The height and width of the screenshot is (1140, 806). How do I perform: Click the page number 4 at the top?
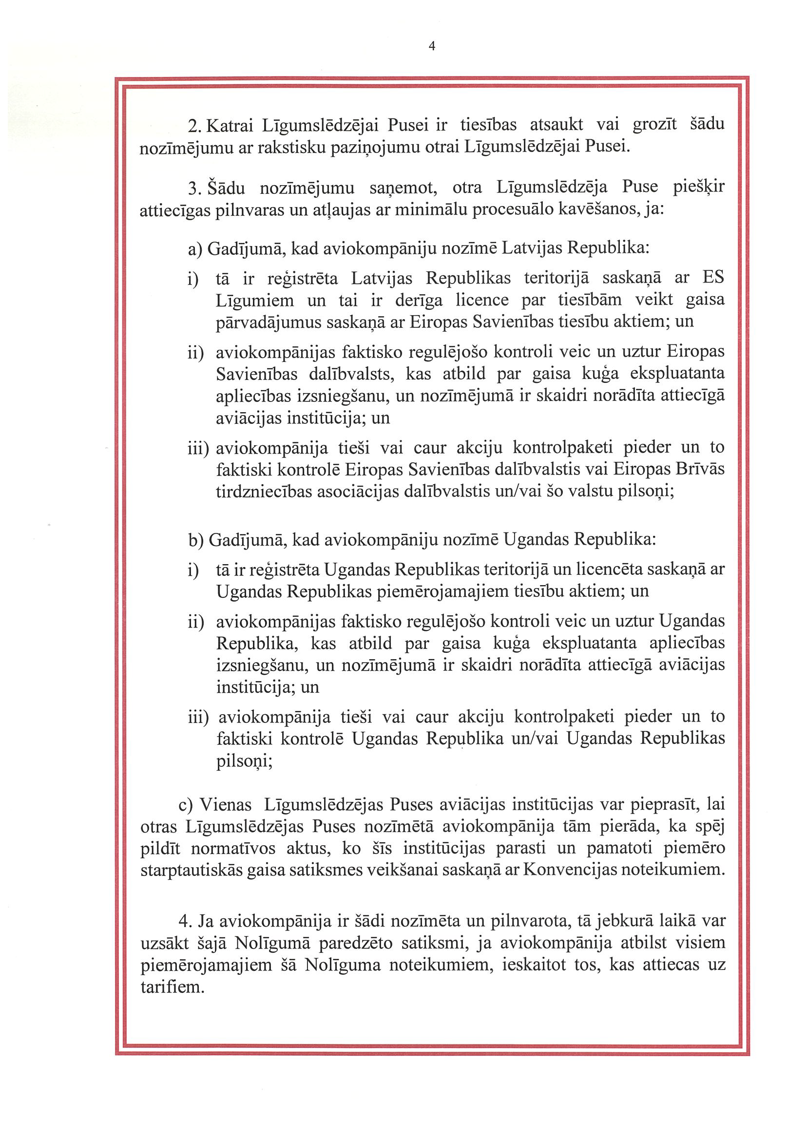(432, 47)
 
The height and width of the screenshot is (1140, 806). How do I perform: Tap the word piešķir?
(698, 188)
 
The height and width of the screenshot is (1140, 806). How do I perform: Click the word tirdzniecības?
(264, 492)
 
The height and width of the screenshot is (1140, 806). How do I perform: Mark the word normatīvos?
(233, 849)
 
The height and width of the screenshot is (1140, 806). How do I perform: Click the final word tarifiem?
(173, 987)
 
